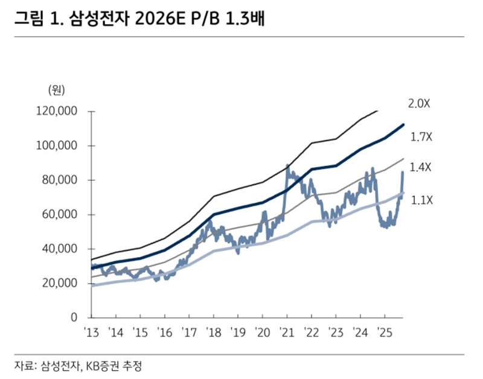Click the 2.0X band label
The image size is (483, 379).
point(419,104)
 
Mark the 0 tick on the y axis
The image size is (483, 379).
point(74,317)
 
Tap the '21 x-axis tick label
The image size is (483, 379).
point(286,332)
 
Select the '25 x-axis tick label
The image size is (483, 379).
point(383,332)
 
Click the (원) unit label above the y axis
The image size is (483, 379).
point(56,91)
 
